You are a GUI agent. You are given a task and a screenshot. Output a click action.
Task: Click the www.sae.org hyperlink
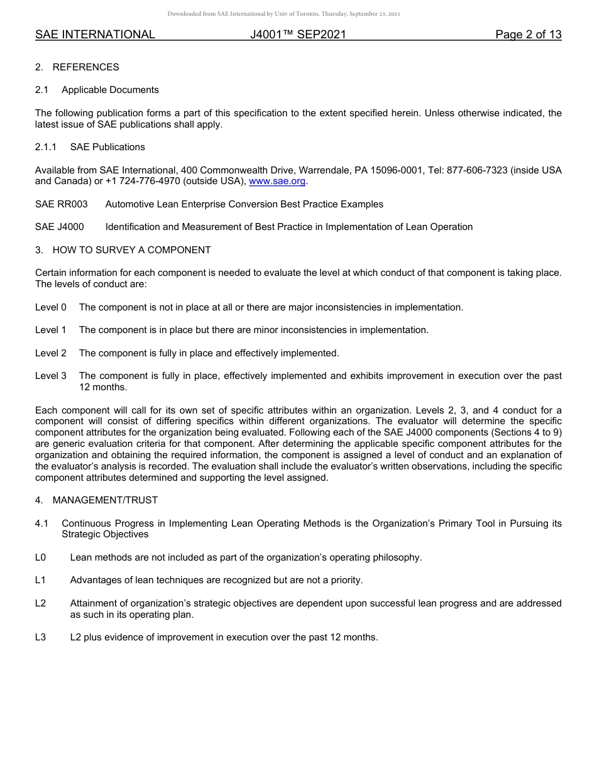pos(277,182)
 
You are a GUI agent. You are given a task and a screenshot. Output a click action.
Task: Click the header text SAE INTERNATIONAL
pos(95,35)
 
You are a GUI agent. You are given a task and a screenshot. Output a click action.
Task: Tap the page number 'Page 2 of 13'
pos(528,35)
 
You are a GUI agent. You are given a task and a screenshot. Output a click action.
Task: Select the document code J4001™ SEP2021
pos(298,35)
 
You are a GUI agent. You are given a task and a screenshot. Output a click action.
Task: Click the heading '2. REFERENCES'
pos(77,67)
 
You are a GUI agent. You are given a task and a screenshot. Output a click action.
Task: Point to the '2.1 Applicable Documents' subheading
pos(97,90)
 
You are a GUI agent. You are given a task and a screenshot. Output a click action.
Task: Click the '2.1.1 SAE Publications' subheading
pos(90,147)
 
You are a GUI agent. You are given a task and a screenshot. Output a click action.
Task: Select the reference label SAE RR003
pos(62,204)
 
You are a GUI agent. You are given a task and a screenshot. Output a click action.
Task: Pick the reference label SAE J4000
pos(60,227)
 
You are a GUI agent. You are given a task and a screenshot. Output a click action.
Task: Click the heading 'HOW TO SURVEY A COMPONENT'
pos(131,250)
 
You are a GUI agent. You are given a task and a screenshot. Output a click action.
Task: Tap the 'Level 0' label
pos(51,307)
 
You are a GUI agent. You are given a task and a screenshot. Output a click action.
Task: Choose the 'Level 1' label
pos(51,330)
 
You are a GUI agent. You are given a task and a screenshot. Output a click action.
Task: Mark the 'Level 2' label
pos(51,353)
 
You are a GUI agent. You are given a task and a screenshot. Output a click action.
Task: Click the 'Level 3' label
pos(51,376)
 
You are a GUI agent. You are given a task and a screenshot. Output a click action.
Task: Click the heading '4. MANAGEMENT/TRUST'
pos(96,500)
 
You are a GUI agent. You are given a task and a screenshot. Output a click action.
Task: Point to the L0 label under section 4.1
pos(41,557)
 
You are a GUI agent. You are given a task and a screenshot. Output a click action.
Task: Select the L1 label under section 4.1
pos(41,580)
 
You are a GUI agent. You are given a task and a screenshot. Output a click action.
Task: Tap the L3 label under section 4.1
pos(41,637)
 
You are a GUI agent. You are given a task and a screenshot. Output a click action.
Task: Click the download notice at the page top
pos(283,14)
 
